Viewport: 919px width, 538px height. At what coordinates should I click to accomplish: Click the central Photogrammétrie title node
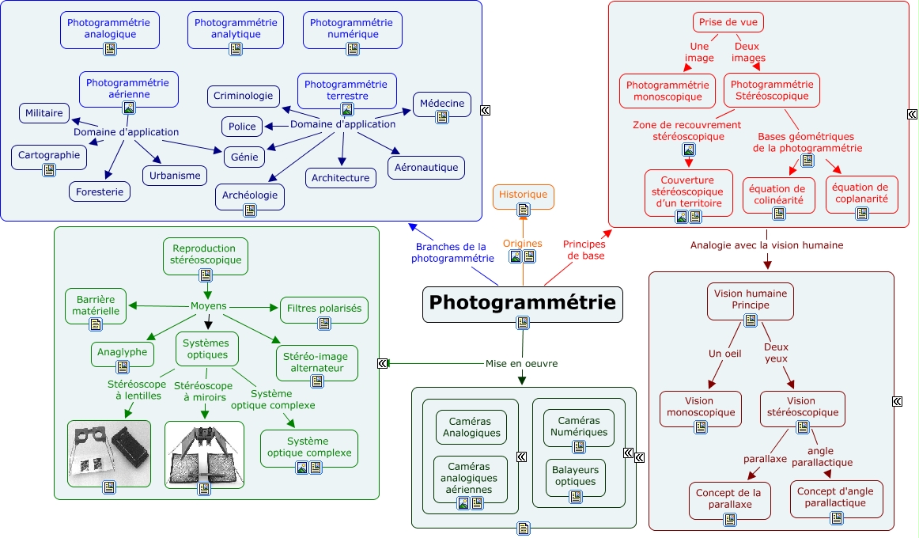coord(522,303)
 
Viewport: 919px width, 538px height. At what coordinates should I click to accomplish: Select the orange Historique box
coord(523,195)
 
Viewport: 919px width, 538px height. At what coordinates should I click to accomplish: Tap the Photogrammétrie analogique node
coord(110,28)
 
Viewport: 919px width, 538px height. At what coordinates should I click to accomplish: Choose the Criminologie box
coord(244,96)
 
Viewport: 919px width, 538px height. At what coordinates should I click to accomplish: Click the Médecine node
coord(441,103)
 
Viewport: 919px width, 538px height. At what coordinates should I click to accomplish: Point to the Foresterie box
coord(99,191)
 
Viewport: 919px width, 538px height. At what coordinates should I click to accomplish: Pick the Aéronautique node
coord(425,167)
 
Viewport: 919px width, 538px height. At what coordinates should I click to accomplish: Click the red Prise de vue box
coord(726,22)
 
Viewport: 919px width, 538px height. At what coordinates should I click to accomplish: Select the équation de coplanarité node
coord(861,194)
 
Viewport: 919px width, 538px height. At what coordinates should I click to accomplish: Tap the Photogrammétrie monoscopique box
coord(668,90)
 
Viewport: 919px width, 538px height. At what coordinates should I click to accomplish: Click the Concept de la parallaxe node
coord(728,499)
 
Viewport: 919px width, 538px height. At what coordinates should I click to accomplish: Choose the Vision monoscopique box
coord(701,407)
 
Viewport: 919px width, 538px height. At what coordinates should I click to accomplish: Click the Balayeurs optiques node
coord(575,476)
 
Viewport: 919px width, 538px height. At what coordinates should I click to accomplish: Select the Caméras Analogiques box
coord(471,427)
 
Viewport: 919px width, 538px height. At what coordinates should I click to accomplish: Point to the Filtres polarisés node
coord(323,309)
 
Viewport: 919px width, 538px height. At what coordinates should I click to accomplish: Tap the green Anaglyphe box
coord(123,352)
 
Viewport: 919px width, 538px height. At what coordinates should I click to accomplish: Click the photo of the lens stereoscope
coord(109,453)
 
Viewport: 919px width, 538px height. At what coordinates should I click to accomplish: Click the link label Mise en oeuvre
coord(521,364)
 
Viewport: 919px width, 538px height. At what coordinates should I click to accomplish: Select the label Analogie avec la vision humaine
coord(766,245)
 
